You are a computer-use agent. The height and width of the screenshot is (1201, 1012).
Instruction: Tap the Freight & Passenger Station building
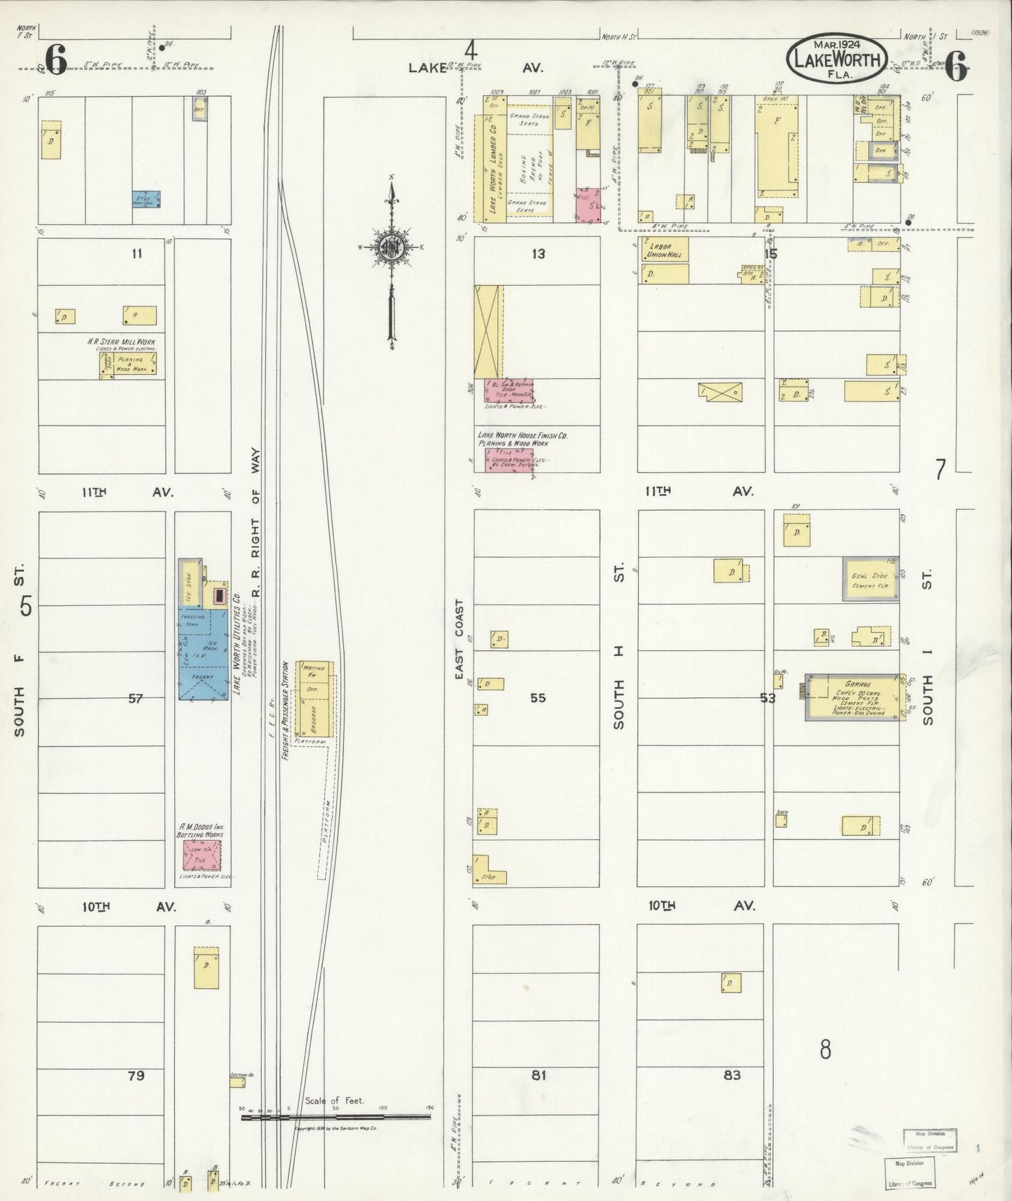(x=314, y=698)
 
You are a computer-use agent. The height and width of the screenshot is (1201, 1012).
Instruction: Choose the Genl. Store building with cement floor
(x=871, y=579)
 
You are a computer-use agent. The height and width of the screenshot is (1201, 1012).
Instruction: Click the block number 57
(x=135, y=699)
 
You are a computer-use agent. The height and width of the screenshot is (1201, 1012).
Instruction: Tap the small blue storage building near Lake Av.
(x=147, y=199)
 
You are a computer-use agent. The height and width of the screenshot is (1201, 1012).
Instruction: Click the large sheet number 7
(x=940, y=469)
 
